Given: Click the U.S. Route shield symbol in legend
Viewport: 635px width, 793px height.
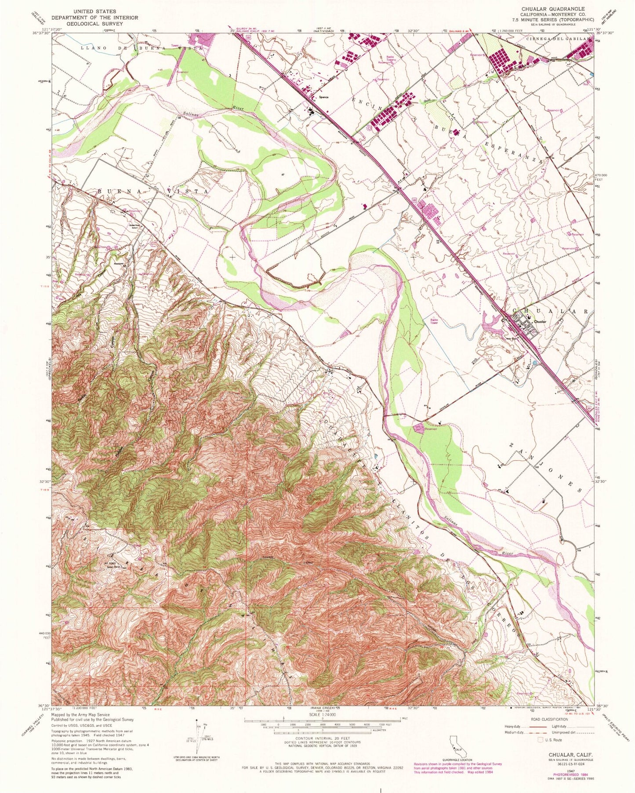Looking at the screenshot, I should [x=541, y=740].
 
